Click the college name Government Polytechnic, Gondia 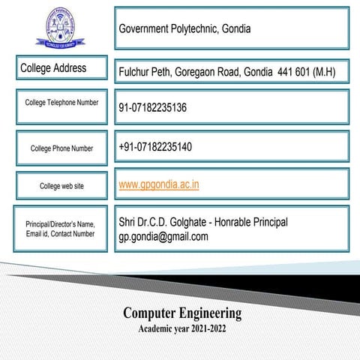pos(184,29)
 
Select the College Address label pos(53,68)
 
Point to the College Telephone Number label pos(61,102)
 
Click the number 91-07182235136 pos(152,108)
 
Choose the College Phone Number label pos(61,148)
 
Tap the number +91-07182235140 pos(155,146)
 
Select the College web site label pos(61,186)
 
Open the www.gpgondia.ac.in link pos(159,184)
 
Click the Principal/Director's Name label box pos(61,228)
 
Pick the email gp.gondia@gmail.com pos(163,237)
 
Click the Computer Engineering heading pos(182,312)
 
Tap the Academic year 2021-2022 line pos(182,328)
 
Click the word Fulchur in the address pos(136,73)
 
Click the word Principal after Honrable pos(267,223)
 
